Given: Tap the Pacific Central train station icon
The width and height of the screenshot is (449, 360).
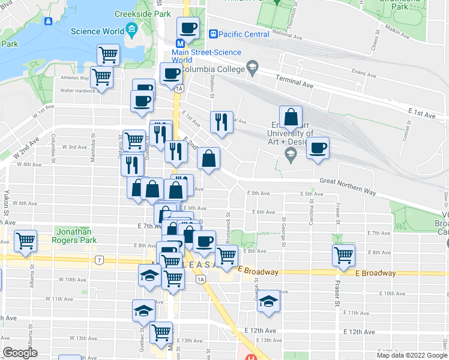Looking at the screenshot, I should point(212,34).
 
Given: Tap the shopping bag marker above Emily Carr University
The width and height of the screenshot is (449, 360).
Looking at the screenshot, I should point(291,116).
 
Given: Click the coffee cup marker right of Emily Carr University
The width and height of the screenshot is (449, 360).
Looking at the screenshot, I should point(318,148).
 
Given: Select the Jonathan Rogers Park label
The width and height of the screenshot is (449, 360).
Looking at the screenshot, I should point(76,236).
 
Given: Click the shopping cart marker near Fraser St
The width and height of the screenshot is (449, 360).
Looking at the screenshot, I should point(343,255).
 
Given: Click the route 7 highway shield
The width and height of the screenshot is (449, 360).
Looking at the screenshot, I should point(98,260).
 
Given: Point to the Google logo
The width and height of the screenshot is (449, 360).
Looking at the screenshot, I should point(20,353).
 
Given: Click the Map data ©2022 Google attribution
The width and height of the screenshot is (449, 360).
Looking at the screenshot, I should point(412,355).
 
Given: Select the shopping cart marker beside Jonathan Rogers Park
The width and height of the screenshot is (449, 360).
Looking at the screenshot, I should point(26,241).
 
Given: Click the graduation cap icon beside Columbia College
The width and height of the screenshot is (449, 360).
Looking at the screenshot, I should point(252,68).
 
